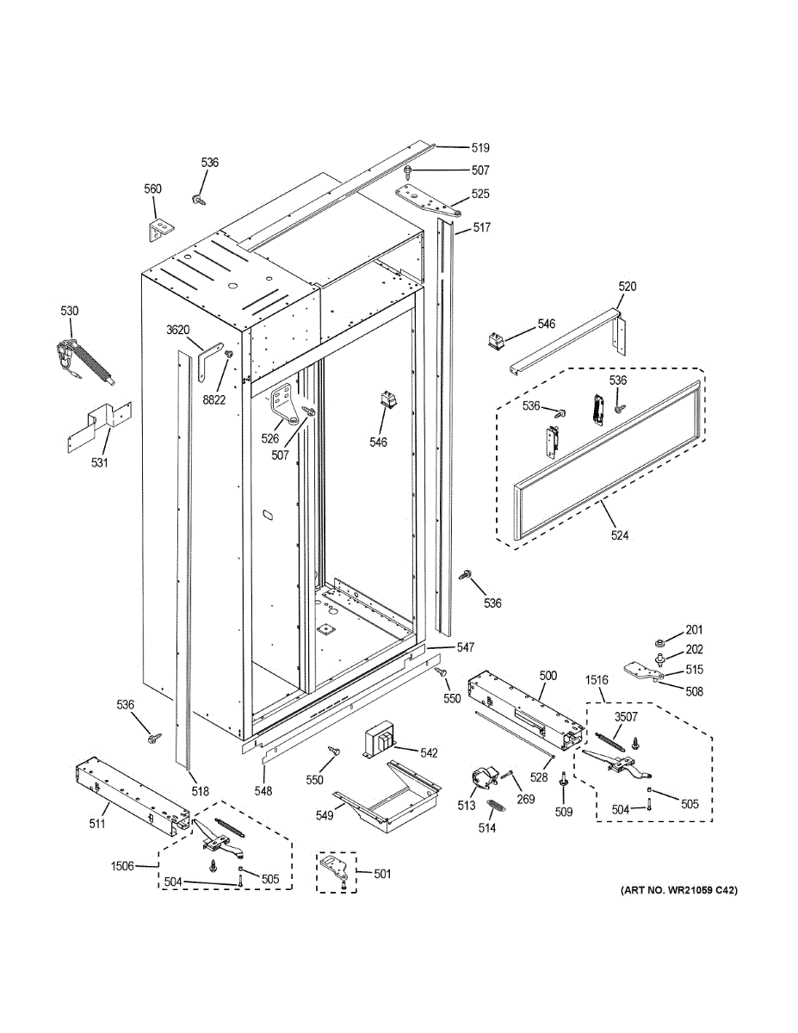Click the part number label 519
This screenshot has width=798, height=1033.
coord(479,148)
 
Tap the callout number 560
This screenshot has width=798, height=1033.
coord(152,189)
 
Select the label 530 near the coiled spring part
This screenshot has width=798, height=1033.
coord(69,311)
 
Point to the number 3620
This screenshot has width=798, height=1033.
coord(177,330)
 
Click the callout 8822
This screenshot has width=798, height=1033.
coord(214,399)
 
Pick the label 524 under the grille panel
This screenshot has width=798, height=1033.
coord(619,536)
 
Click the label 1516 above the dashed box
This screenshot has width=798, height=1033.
coord(596,680)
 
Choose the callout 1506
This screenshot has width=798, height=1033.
coord(121,865)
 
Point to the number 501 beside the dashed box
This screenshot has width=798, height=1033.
coord(382,874)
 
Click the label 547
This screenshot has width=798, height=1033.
coord(466,646)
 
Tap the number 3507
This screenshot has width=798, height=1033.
coord(626,716)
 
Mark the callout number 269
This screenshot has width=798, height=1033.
coord(526,799)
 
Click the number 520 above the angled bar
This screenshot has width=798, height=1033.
coord(628,287)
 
